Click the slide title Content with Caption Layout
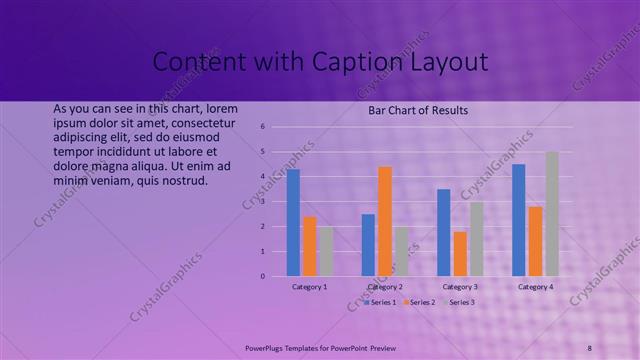click(320, 62)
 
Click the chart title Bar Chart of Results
click(418, 110)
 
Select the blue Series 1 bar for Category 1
click(293, 222)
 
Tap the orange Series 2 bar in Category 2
click(385, 221)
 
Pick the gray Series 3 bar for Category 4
click(552, 213)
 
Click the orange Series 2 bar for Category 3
click(460, 253)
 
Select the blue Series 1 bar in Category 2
click(368, 244)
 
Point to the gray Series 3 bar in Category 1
click(326, 250)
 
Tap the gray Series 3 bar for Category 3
click(477, 238)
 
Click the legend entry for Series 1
click(381, 302)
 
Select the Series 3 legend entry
click(459, 302)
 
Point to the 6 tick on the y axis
click(261, 127)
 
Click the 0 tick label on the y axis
click(261, 276)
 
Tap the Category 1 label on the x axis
click(309, 287)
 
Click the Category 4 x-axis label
click(535, 287)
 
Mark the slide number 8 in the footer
click(589, 347)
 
